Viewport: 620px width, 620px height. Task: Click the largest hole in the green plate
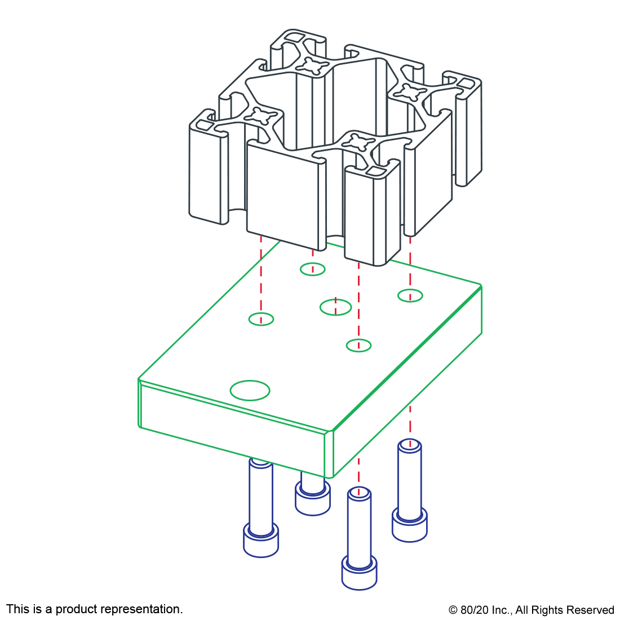point(250,390)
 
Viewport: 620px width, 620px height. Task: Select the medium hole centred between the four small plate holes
point(335,307)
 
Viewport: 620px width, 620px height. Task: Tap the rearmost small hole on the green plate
point(312,269)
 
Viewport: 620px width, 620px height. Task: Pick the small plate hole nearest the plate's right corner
point(410,295)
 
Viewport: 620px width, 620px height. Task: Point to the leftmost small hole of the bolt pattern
point(261,319)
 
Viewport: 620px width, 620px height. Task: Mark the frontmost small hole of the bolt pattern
point(358,346)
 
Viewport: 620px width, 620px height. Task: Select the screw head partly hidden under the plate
point(312,501)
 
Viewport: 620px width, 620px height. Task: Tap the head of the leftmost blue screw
point(261,541)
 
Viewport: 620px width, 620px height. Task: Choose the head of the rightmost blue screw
point(409,526)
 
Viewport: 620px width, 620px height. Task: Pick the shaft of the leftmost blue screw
point(261,496)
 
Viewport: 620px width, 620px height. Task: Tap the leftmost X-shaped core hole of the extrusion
point(261,116)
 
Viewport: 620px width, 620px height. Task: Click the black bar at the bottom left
point(94,610)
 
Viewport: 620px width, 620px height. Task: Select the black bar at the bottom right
point(531,611)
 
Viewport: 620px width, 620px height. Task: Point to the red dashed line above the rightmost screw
point(410,420)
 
